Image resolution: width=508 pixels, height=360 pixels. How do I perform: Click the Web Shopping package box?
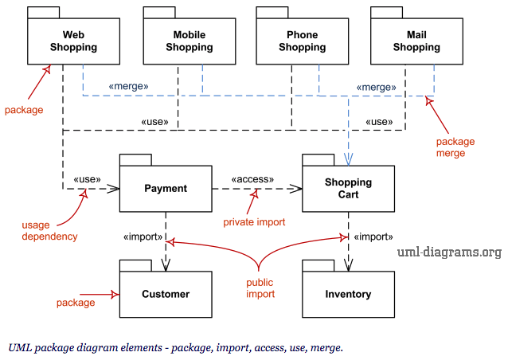click(x=73, y=41)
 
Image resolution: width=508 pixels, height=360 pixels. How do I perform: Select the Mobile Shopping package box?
click(x=190, y=41)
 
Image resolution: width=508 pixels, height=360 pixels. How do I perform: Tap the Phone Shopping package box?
click(x=303, y=41)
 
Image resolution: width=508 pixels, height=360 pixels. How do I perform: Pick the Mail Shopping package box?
click(x=416, y=41)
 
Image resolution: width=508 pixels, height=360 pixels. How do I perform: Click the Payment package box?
click(x=166, y=189)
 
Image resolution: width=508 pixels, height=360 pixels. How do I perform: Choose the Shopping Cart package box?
click(x=348, y=189)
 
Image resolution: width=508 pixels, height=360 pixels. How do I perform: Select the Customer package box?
click(x=166, y=294)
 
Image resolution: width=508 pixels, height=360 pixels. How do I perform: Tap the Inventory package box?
click(x=348, y=294)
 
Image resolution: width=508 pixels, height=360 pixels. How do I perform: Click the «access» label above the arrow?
click(x=252, y=179)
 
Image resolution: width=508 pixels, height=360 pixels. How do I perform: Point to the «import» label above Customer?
click(x=143, y=237)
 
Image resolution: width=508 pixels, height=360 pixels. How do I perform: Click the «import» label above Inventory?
click(x=373, y=237)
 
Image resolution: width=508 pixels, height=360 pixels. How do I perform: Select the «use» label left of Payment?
click(x=87, y=179)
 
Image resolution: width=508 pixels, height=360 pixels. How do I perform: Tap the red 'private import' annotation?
click(x=254, y=222)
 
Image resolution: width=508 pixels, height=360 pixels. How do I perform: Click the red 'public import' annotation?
click(x=260, y=288)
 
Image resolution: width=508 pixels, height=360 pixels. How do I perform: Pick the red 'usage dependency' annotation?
click(x=49, y=231)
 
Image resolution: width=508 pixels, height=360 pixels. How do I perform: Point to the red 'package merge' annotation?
click(x=455, y=147)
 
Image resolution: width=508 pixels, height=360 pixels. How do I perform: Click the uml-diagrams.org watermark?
click(x=449, y=252)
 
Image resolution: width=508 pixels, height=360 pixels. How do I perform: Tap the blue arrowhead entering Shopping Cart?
click(x=348, y=159)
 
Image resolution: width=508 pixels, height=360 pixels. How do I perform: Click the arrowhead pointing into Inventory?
click(x=348, y=265)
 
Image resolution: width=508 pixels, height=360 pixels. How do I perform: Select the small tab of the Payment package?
click(x=135, y=160)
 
